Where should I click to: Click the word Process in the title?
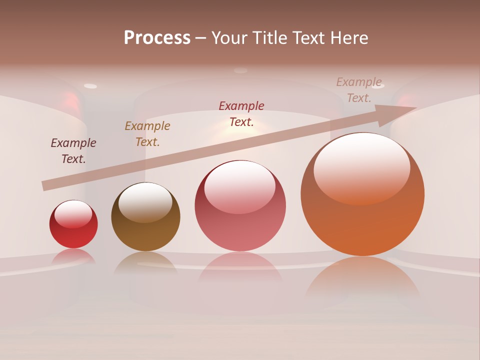point(157,38)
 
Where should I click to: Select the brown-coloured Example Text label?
point(147,134)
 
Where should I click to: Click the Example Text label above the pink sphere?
point(241,114)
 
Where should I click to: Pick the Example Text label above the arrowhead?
point(359,90)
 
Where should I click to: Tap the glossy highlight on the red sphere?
point(73,214)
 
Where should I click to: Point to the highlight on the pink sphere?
point(240,186)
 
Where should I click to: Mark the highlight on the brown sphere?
point(145,201)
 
